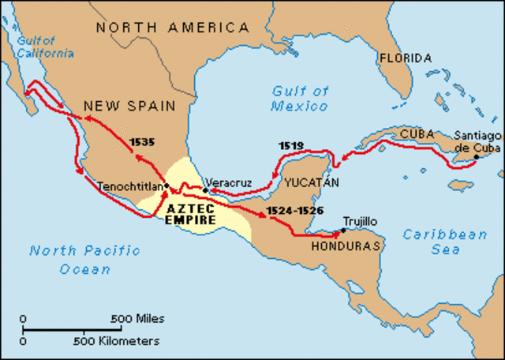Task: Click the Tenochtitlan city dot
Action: point(166,186)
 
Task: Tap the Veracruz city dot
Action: point(205,190)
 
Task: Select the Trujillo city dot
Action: point(342,231)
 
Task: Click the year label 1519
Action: point(290,146)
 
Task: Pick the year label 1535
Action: point(142,142)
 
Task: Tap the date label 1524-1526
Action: point(294,211)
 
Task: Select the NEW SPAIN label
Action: point(130,105)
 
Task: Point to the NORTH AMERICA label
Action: point(172,28)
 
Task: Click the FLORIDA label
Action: point(404,58)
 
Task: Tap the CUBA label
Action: point(417,134)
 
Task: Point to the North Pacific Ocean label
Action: point(84,260)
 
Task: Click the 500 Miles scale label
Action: point(139,319)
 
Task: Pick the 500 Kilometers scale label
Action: point(117,341)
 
